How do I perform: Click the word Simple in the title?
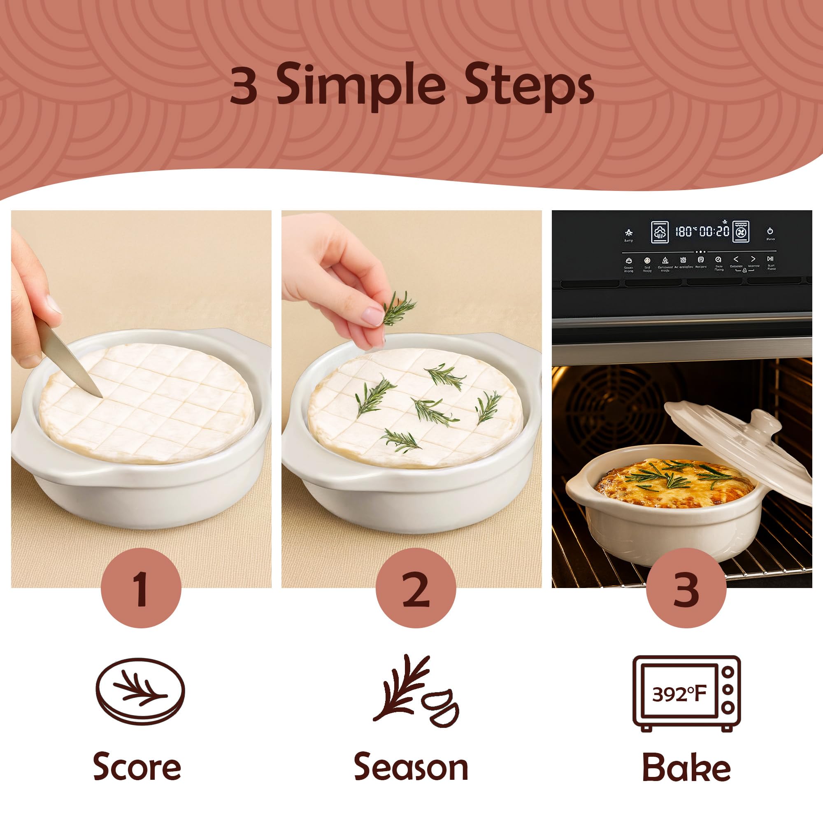pyautogui.click(x=361, y=85)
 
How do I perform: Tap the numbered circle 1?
pyautogui.click(x=141, y=589)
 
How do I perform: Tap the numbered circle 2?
pyautogui.click(x=416, y=589)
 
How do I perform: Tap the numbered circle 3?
pyautogui.click(x=686, y=589)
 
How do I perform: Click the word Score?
pyautogui.click(x=137, y=767)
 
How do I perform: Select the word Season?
pyautogui.click(x=411, y=767)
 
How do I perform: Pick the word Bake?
pyautogui.click(x=686, y=767)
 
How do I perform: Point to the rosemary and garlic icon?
pyautogui.click(x=415, y=691)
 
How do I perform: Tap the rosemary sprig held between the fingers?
pyautogui.click(x=398, y=307)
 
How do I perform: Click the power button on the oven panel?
pyautogui.click(x=770, y=231)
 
